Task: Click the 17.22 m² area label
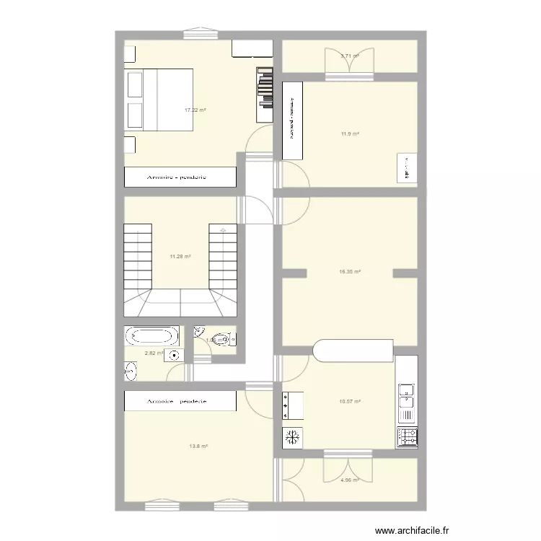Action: click(x=195, y=110)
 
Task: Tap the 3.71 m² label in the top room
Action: click(x=350, y=56)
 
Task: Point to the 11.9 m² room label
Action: click(x=350, y=134)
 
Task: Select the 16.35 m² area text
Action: click(x=349, y=272)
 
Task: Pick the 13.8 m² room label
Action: click(x=198, y=447)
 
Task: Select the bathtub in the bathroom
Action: click(x=151, y=336)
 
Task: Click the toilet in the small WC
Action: click(x=225, y=338)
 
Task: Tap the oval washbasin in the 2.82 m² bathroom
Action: click(x=131, y=371)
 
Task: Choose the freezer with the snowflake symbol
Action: click(x=292, y=437)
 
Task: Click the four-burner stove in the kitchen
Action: click(x=407, y=436)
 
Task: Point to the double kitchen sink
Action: click(x=407, y=401)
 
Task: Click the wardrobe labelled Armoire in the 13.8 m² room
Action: click(x=180, y=401)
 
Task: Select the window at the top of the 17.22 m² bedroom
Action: click(x=201, y=32)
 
